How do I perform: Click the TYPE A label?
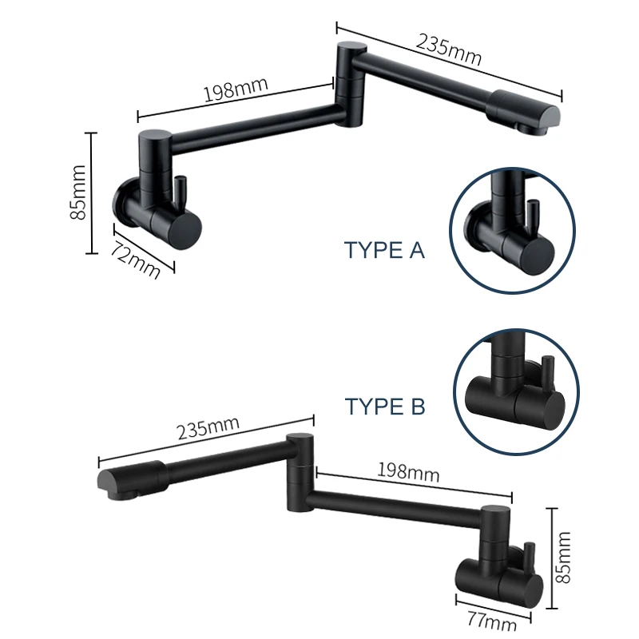pos(385,250)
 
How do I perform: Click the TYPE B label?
pos(385,406)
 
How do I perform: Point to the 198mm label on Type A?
pos(236,89)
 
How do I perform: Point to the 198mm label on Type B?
pos(407,471)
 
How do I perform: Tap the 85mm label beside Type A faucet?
pos(78,192)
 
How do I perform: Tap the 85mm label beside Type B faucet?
pos(563,557)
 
